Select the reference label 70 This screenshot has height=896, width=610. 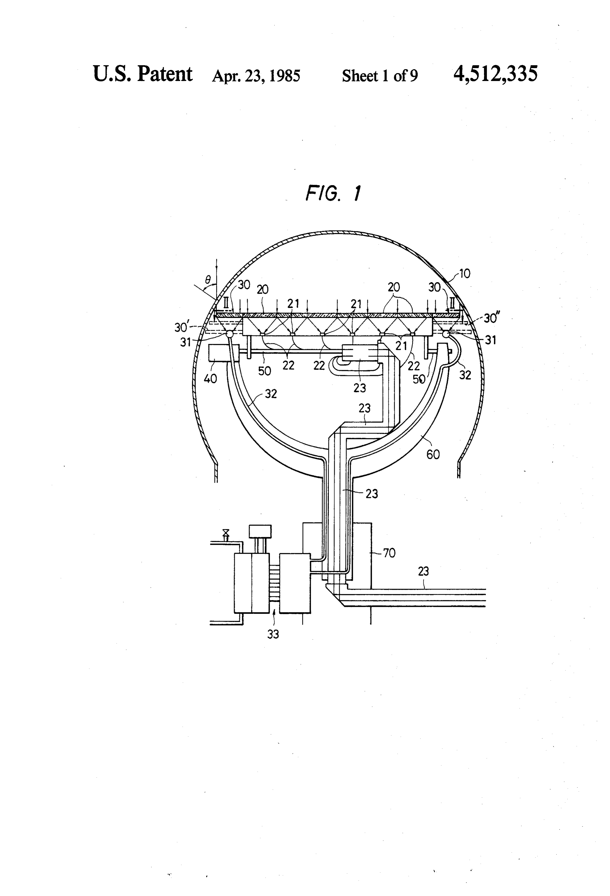point(389,553)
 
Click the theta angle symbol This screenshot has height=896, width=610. point(208,279)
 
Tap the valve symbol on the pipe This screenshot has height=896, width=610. point(226,534)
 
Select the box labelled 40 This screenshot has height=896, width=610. point(217,353)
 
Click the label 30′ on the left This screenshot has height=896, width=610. point(181,327)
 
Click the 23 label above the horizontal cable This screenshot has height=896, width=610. point(423,571)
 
